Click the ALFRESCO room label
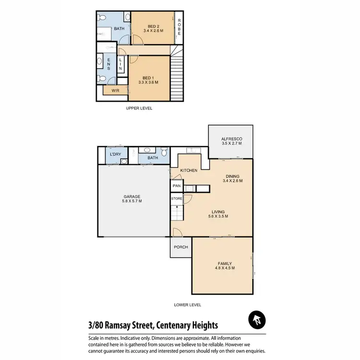coord(231,138)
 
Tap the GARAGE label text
coord(132,196)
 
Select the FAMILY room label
coord(224,264)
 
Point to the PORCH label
coord(180,247)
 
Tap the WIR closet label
coord(115,90)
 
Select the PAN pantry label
coord(176,185)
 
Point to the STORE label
coord(177,198)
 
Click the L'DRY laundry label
coord(115,154)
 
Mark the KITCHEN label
coord(189,170)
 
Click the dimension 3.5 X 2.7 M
coord(231,144)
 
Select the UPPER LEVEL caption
coord(139,108)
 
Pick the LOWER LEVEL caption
coord(187,305)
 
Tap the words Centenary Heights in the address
coord(187,325)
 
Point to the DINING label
coord(233,176)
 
